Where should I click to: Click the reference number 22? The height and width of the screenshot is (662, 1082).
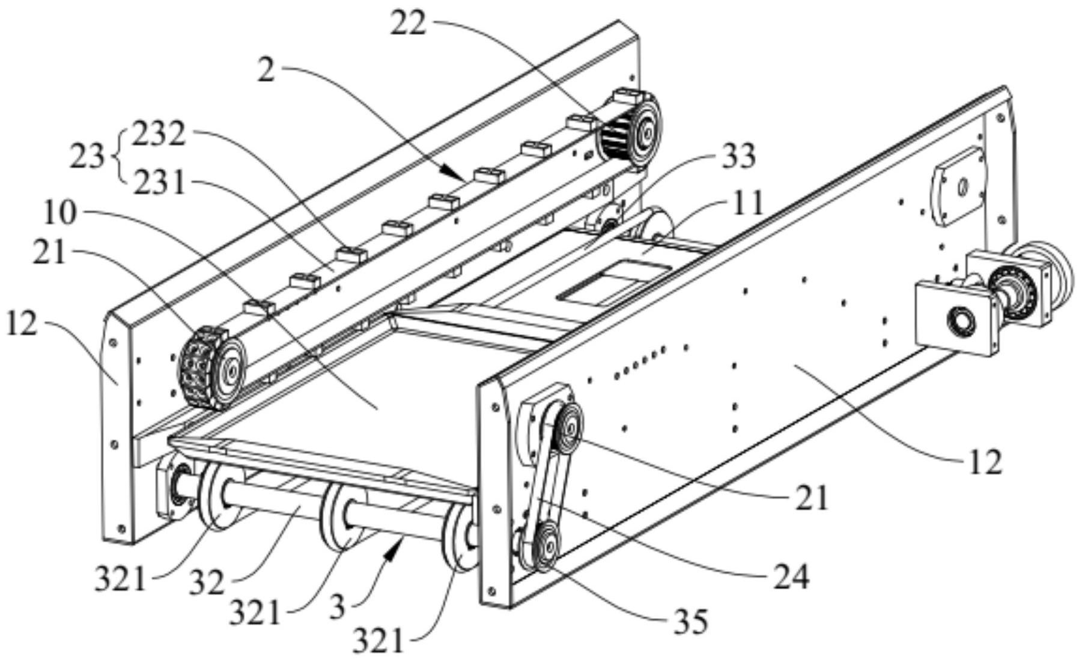tap(408, 24)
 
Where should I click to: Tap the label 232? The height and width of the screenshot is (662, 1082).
tap(159, 136)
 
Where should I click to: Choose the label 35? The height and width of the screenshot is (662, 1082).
tap(690, 622)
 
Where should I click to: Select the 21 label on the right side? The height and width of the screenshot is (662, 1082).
tap(811, 498)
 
